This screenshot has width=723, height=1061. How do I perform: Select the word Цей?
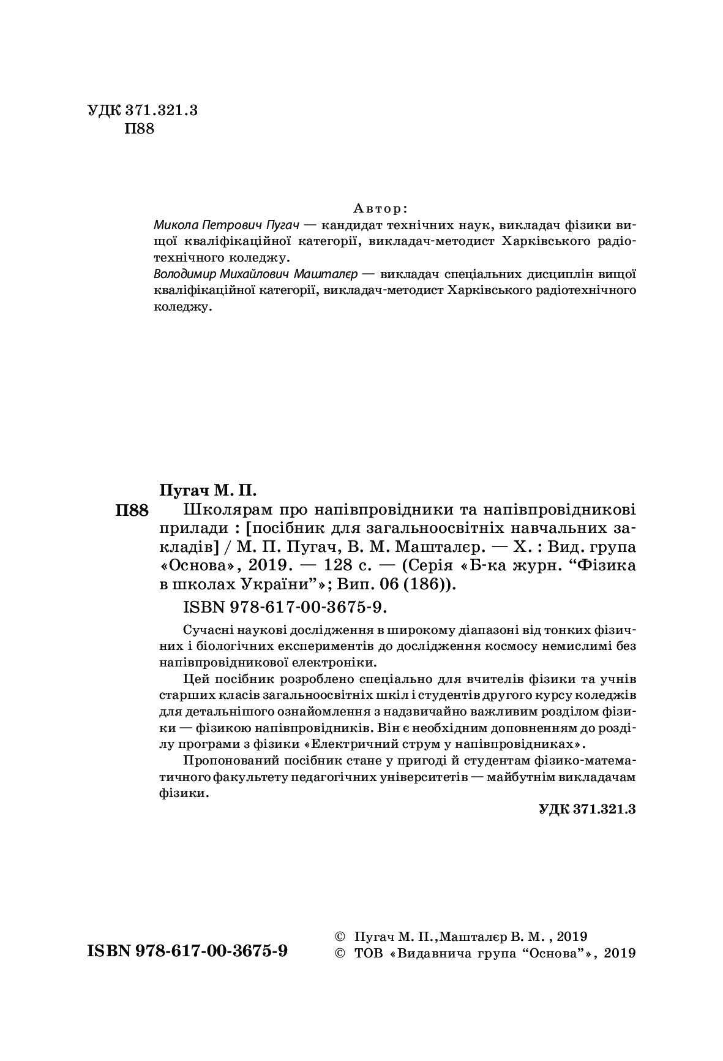tap(195, 679)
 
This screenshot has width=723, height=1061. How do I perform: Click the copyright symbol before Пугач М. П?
tap(340, 937)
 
